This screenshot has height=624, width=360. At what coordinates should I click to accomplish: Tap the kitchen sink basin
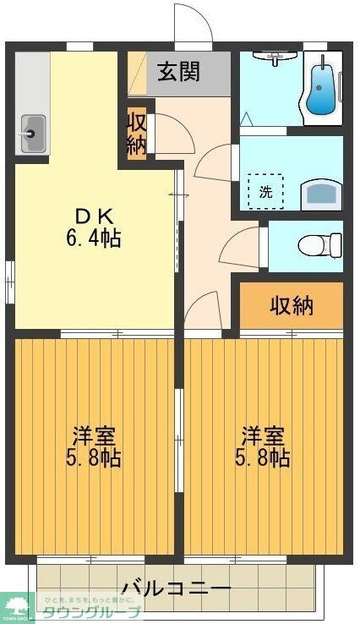click(32, 131)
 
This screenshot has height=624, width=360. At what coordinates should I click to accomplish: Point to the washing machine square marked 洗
click(266, 191)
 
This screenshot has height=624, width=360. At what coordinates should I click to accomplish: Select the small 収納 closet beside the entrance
click(137, 133)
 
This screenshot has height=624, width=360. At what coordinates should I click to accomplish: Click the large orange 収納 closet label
click(291, 305)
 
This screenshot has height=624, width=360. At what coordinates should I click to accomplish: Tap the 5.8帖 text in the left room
click(93, 458)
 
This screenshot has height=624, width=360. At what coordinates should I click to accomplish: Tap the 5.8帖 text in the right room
click(263, 458)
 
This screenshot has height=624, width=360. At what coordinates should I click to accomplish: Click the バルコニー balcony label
click(175, 587)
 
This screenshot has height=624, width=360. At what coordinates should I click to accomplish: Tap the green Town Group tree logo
click(16, 605)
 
